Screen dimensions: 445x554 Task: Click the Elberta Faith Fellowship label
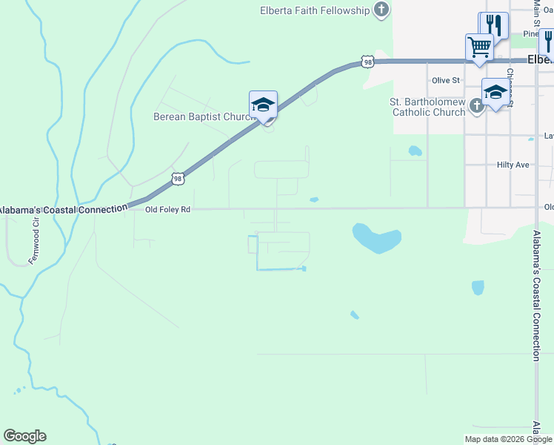pyautogui.click(x=314, y=10)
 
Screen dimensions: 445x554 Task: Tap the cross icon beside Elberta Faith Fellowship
pyautogui.click(x=381, y=10)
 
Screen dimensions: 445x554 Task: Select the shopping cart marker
pyautogui.click(x=479, y=47)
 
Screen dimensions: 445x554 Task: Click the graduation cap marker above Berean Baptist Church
pyautogui.click(x=263, y=105)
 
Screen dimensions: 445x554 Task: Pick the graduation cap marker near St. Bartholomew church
pyautogui.click(x=495, y=92)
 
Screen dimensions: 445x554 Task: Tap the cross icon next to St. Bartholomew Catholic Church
pyautogui.click(x=476, y=106)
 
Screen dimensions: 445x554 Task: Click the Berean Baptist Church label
pyautogui.click(x=204, y=116)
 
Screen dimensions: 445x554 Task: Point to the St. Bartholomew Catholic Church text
pyautogui.click(x=428, y=107)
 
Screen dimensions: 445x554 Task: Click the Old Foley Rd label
pyautogui.click(x=168, y=210)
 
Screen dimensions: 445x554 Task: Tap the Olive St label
pyautogui.click(x=446, y=80)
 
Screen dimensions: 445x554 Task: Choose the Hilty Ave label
pyautogui.click(x=513, y=165)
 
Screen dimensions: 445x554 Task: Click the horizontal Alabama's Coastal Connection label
pyautogui.click(x=64, y=210)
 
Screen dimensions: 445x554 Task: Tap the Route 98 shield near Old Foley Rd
pyautogui.click(x=177, y=178)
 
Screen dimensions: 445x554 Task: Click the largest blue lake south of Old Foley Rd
pyautogui.click(x=377, y=238)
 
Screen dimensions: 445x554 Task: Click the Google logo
pyautogui.click(x=24, y=436)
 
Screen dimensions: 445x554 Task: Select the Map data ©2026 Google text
pyautogui.click(x=508, y=439)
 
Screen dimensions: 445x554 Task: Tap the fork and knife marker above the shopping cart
pyautogui.click(x=494, y=25)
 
